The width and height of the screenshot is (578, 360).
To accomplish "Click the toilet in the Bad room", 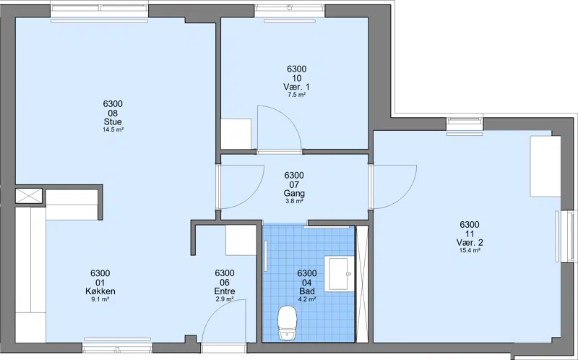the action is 288,323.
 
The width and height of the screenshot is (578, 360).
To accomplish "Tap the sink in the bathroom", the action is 339,274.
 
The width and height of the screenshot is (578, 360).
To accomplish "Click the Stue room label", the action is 113,121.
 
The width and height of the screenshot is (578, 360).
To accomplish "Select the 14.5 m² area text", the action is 113,130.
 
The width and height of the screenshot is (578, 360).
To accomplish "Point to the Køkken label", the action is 100,291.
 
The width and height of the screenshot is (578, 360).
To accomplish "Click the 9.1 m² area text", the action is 100,299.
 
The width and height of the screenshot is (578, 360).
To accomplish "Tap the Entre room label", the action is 225,291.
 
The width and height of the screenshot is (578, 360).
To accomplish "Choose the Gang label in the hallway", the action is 294,193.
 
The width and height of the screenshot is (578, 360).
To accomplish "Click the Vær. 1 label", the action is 297,87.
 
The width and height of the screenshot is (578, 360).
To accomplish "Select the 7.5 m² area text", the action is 297,95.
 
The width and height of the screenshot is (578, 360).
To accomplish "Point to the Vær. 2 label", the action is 470,243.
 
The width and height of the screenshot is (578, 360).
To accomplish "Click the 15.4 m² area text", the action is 470,250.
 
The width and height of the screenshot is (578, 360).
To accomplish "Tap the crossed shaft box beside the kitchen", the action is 29,195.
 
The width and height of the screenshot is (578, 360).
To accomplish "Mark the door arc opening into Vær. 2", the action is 405,195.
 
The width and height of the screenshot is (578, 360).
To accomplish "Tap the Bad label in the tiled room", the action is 307,291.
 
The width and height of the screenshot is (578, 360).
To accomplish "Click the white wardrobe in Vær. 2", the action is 545,166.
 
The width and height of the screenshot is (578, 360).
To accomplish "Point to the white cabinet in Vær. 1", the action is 236,134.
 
